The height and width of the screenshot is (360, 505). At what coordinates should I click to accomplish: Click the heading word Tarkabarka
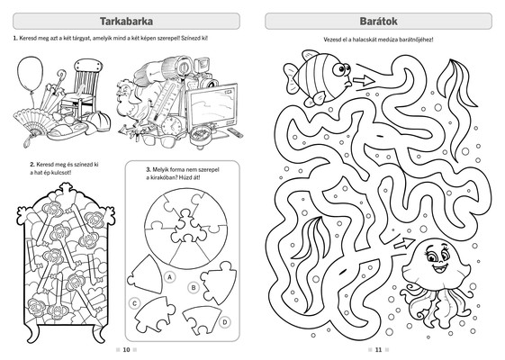pyautogui.click(x=126, y=22)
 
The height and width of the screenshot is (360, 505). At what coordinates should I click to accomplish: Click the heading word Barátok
pyautogui.click(x=378, y=22)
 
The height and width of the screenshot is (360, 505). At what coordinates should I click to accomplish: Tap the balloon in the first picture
pyautogui.click(x=30, y=73)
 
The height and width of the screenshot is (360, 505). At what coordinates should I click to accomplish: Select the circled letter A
pyautogui.click(x=169, y=277)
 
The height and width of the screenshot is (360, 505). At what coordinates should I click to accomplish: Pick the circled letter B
pyautogui.click(x=194, y=287)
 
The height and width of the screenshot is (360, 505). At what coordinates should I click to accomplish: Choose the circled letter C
pyautogui.click(x=135, y=303)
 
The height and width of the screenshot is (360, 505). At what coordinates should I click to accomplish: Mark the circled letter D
pyautogui.click(x=225, y=321)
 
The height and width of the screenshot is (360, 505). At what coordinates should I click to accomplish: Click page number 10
pyautogui.click(x=126, y=350)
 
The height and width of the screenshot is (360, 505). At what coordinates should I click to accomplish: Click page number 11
pyautogui.click(x=378, y=350)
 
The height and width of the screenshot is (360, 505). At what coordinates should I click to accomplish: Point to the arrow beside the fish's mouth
pyautogui.click(x=364, y=80)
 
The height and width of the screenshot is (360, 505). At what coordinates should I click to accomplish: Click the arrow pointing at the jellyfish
pyautogui.click(x=404, y=243)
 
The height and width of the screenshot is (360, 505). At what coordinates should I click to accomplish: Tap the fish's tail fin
pyautogui.click(x=291, y=77)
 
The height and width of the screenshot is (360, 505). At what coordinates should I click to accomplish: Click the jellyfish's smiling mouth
pyautogui.click(x=439, y=267)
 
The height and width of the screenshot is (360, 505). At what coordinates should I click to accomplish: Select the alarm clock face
pyautogui.click(x=174, y=125)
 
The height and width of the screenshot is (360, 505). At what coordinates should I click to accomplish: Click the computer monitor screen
pyautogui.click(x=212, y=104)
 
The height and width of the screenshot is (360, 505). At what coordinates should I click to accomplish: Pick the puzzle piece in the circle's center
pyautogui.click(x=186, y=227)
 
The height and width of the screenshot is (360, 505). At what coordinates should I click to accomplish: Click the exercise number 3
pyautogui.click(x=149, y=170)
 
